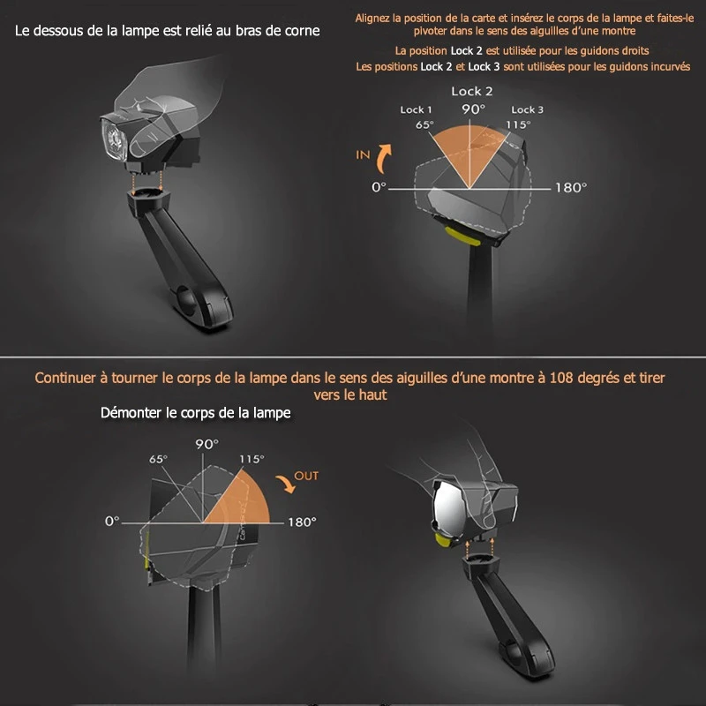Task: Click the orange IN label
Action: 363,154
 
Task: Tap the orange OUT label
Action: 306,476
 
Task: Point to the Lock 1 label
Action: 416,109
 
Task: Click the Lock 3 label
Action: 527,109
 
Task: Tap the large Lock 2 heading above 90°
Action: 471,91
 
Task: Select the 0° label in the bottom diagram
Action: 111,521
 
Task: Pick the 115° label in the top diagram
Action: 518,124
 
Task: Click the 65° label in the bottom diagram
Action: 158,460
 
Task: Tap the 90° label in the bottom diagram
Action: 207,444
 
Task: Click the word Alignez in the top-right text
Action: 373,18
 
